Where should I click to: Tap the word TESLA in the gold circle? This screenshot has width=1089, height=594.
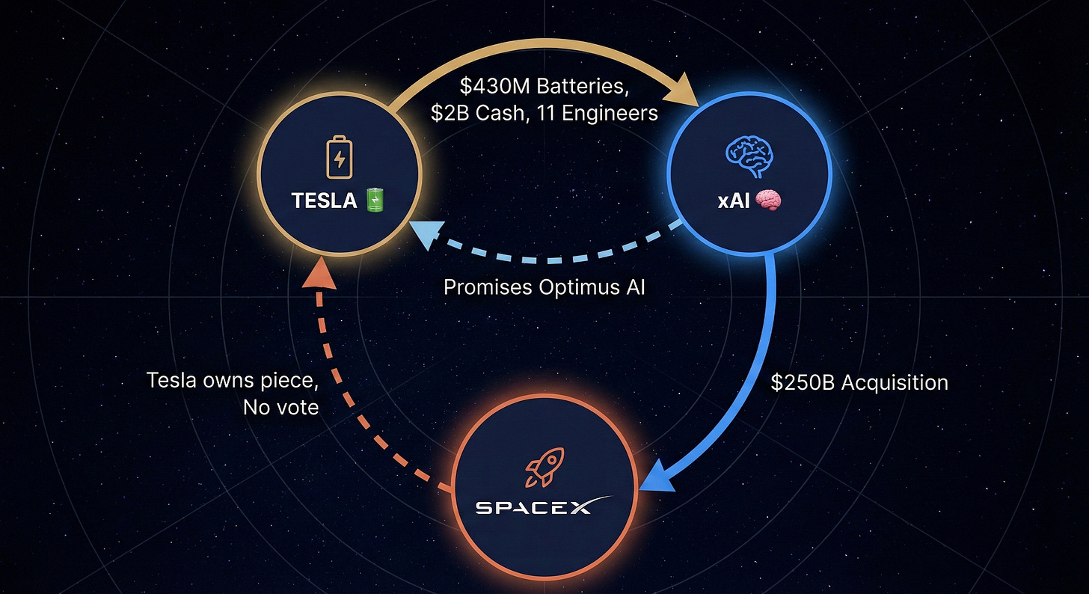click(x=324, y=200)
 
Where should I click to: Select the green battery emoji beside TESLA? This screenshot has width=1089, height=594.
click(x=374, y=200)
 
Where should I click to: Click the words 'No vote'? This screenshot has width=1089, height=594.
click(x=280, y=408)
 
